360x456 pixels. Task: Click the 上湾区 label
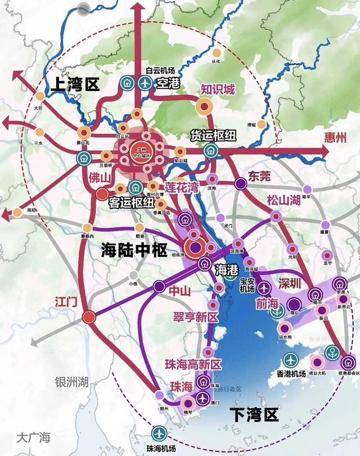(74, 85)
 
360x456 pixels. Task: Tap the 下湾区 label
(255, 416)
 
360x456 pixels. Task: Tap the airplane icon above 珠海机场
(159, 433)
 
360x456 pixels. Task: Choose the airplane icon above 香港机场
(291, 359)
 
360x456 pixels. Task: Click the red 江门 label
(65, 301)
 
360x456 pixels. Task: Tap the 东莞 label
(259, 176)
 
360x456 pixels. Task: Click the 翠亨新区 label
(195, 317)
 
